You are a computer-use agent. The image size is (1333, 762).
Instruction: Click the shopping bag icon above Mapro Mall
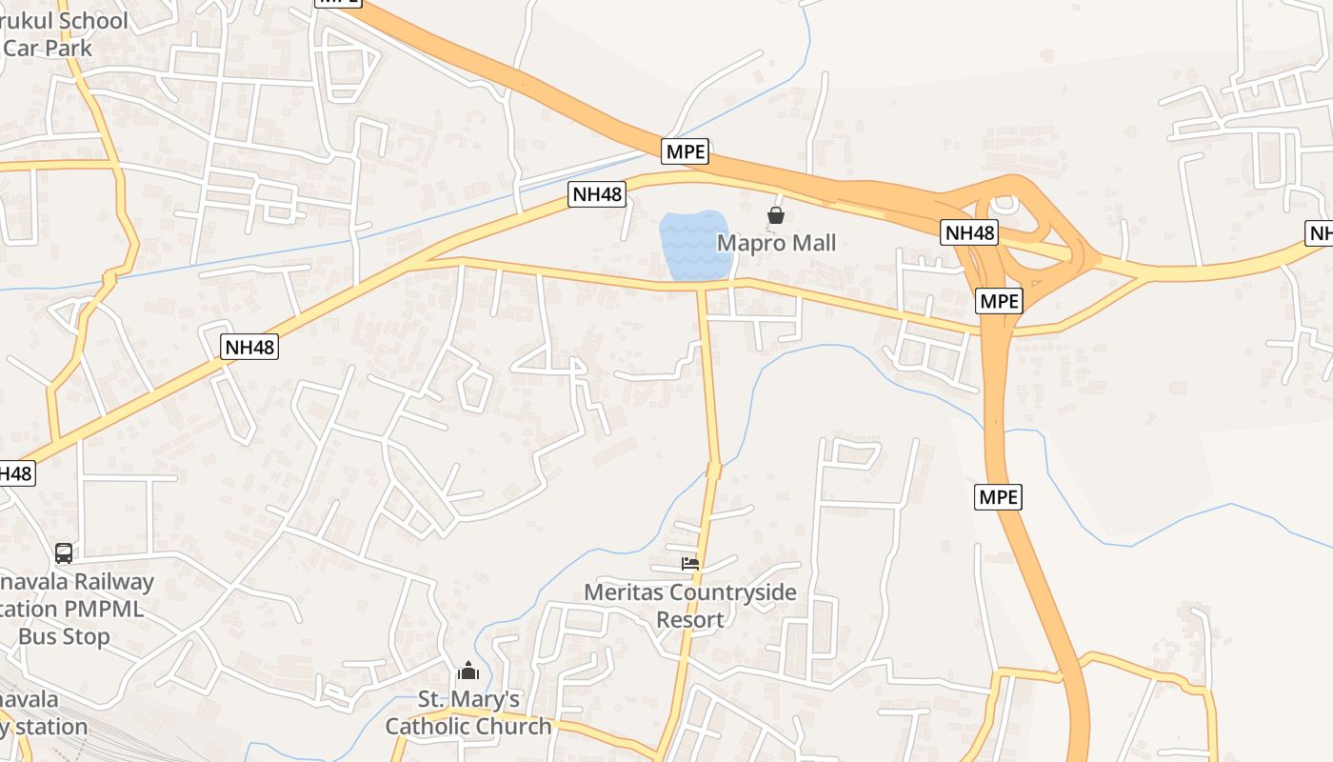coord(776,215)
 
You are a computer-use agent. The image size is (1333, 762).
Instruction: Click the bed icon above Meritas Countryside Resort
coord(690,564)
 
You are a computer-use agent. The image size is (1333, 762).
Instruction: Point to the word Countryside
coord(732,592)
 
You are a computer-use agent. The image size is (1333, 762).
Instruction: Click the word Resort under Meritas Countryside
coord(690,620)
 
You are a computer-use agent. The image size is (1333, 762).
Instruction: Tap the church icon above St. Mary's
coord(468,672)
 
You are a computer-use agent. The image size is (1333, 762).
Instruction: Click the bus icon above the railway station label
coord(64,552)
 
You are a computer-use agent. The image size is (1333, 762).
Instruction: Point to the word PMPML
coord(104,609)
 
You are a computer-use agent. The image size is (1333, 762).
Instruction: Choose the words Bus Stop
coord(64,636)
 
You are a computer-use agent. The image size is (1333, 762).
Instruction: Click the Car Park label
coord(48,48)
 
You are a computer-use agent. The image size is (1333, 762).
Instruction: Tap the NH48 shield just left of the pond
coord(597,194)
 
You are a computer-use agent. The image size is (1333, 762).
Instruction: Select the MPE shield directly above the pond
coord(686,151)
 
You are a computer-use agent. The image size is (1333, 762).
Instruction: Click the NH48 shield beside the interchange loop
coord(969,232)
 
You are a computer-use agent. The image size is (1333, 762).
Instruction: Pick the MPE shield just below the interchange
coord(1000,301)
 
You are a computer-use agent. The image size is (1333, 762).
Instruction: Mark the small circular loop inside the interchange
coord(1004,204)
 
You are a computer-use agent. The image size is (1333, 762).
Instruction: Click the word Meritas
coord(624,592)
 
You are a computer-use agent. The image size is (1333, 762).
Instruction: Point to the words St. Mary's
coord(469,700)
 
